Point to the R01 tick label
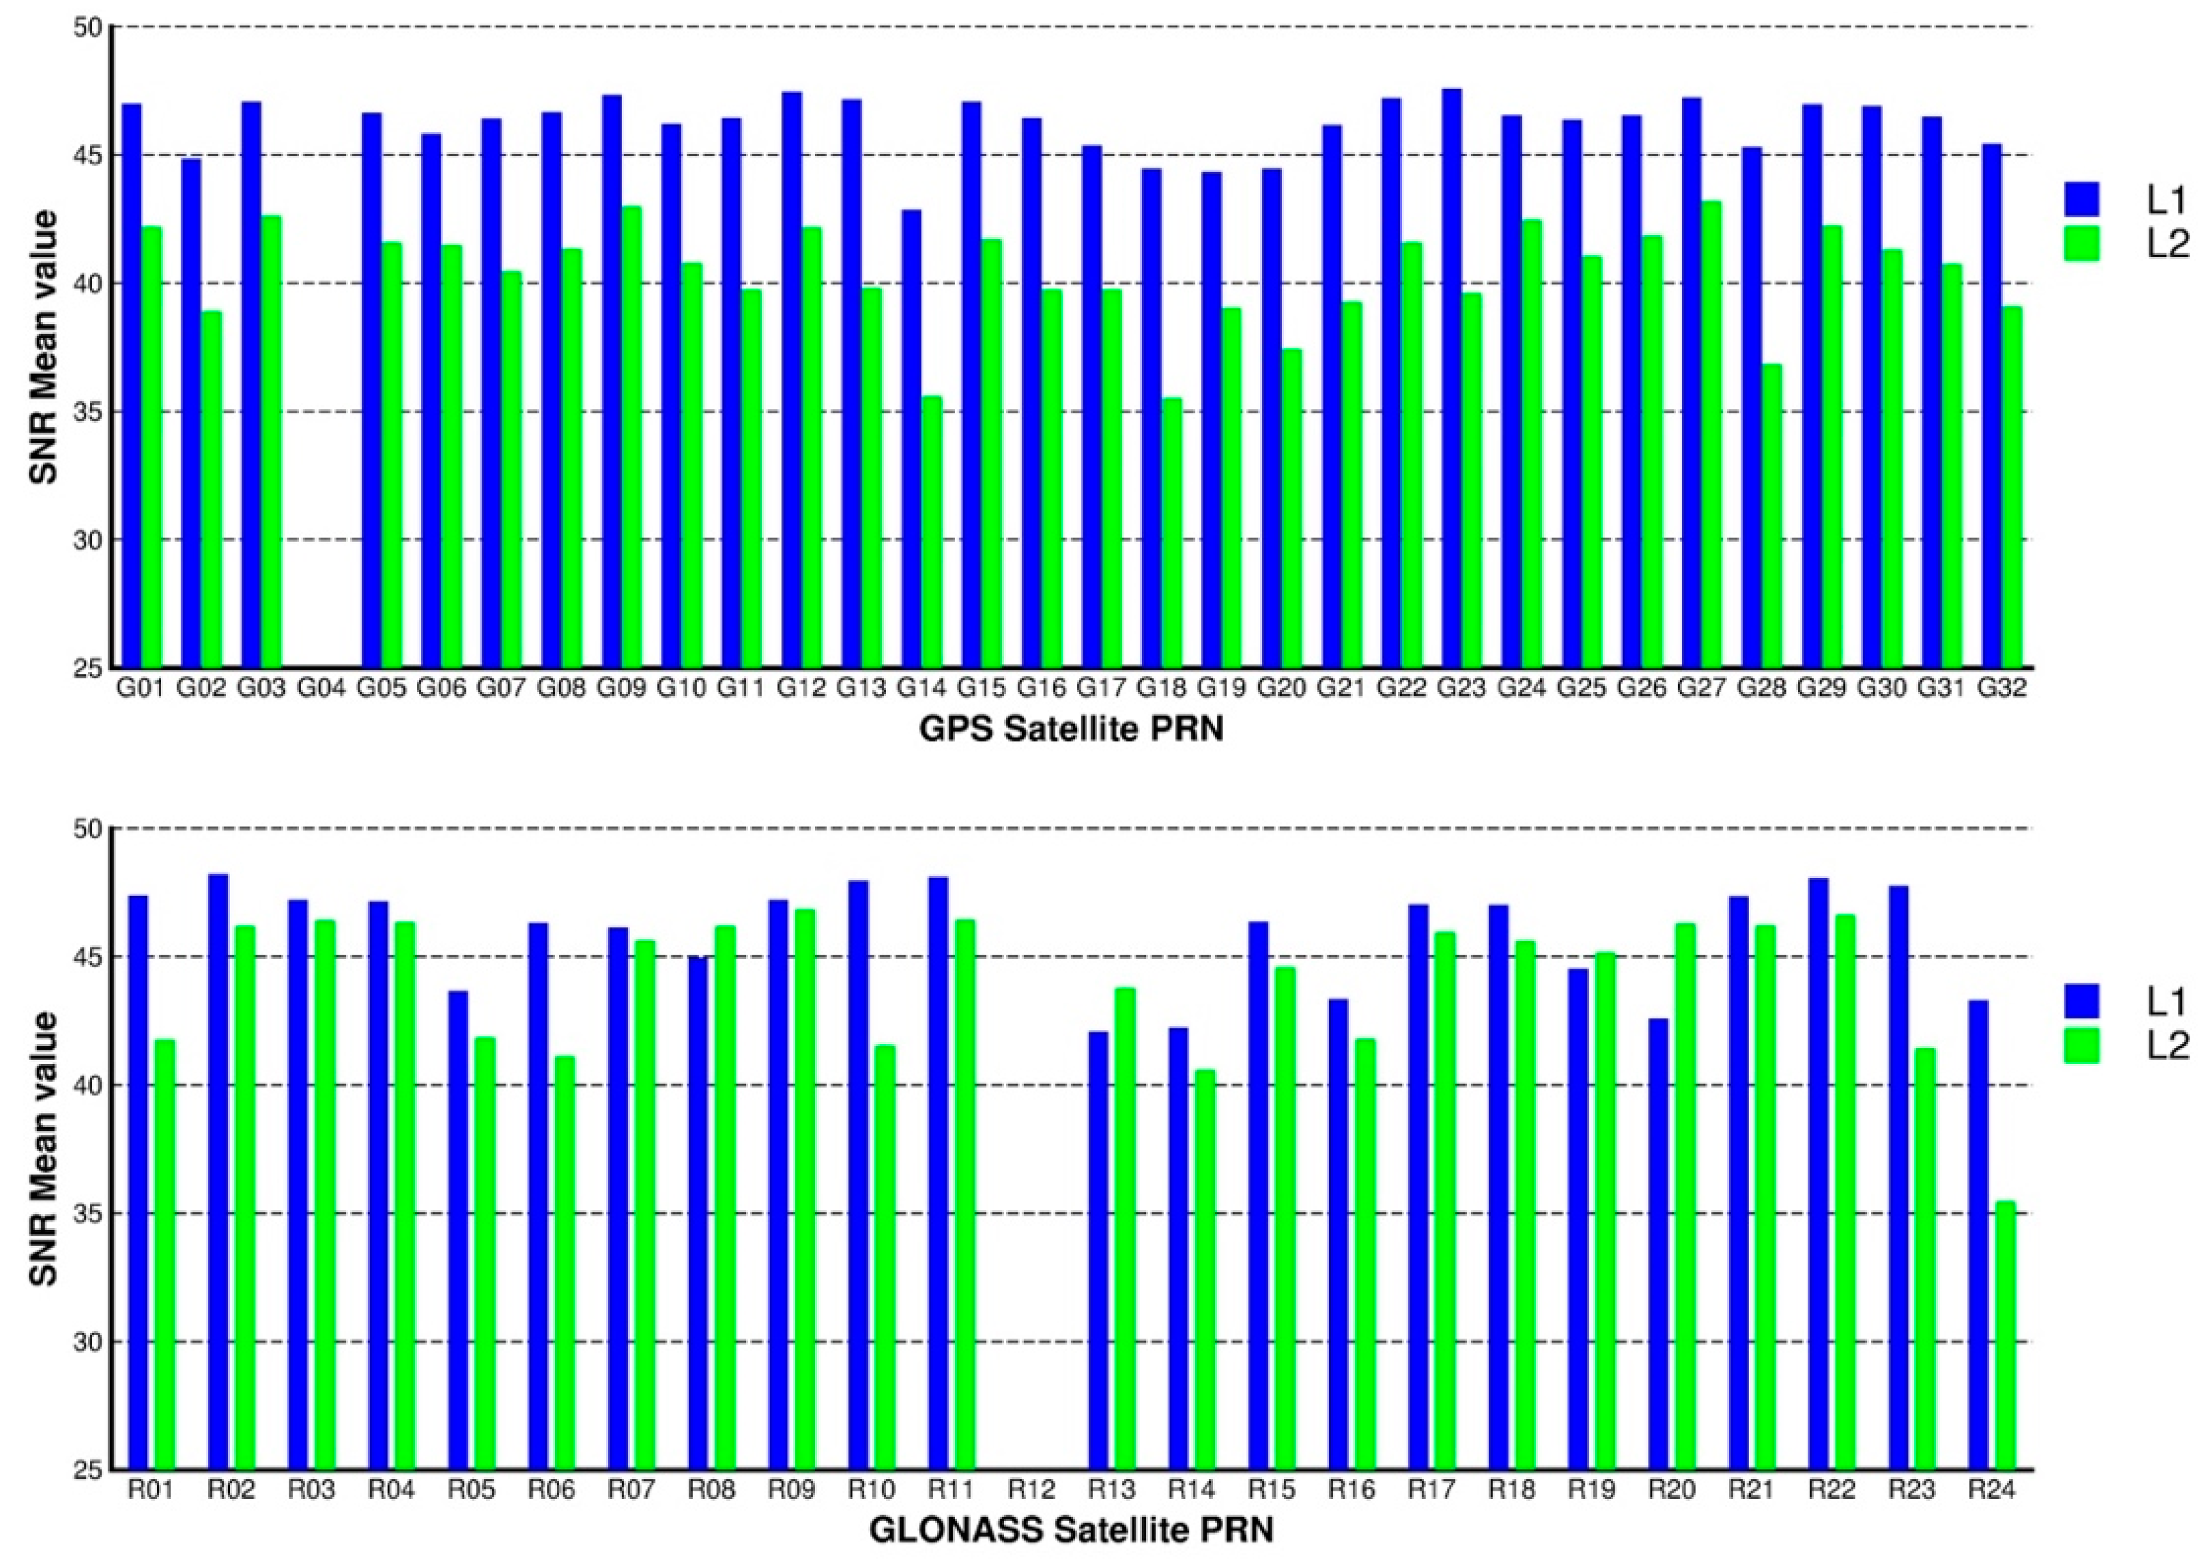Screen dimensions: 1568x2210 [151, 1490]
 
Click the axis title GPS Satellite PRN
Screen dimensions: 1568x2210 [1071, 729]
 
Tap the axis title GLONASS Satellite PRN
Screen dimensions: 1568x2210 [1071, 1530]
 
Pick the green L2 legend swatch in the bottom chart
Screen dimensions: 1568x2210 [2081, 1046]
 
